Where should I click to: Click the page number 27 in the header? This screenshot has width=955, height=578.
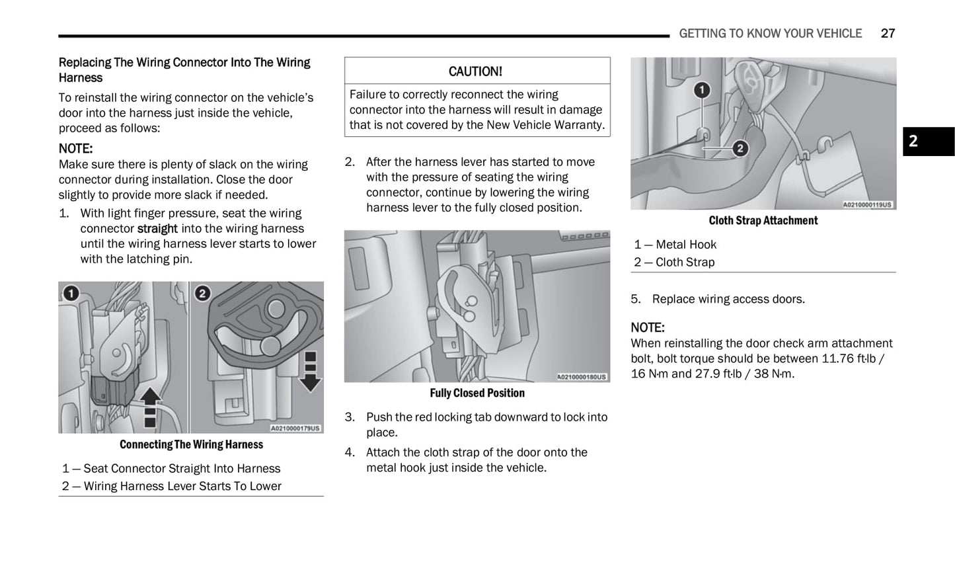[x=888, y=33]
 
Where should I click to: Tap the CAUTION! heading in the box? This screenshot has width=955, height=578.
[x=475, y=71]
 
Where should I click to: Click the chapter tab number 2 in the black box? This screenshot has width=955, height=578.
[x=913, y=141]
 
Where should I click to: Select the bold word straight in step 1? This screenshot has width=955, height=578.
[x=157, y=229]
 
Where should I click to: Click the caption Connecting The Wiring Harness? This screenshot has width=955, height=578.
[x=191, y=444]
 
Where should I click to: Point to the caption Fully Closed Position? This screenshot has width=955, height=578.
[x=477, y=393]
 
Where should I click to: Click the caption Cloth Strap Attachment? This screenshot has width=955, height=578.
[x=763, y=220]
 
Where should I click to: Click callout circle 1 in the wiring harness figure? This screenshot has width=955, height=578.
[x=71, y=293]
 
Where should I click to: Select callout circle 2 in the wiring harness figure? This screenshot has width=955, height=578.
[x=202, y=293]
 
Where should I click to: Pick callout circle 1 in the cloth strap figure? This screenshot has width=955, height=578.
[x=702, y=89]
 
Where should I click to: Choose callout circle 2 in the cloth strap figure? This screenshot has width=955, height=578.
[x=740, y=149]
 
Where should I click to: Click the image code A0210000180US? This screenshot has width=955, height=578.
[x=581, y=377]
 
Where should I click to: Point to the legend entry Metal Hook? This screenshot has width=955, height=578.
[x=685, y=245]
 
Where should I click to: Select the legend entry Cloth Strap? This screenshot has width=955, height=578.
[x=685, y=263]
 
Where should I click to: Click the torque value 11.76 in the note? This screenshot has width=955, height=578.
[x=837, y=358]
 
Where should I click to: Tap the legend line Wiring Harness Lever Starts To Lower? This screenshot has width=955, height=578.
[x=182, y=486]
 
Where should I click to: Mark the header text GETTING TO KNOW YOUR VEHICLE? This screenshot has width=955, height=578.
[x=770, y=33]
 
